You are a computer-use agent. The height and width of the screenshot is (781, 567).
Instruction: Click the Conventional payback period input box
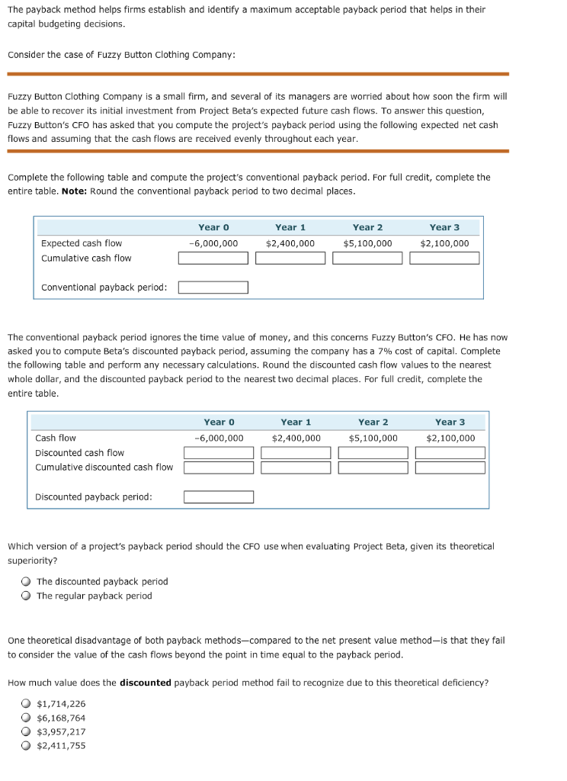coord(213,288)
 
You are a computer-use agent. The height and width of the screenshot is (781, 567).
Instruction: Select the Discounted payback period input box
coord(219,497)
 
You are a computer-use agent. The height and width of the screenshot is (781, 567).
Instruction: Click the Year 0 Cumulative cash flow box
coord(213,258)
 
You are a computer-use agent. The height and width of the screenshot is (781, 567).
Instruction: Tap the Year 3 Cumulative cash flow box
coord(444,258)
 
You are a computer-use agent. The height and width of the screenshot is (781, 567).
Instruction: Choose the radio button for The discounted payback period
coord(26,582)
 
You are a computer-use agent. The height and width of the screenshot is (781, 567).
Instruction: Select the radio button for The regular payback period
coord(26,596)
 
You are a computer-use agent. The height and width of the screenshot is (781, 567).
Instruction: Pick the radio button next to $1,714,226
coord(26,704)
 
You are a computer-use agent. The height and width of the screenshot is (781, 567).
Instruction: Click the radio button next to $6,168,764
coord(26,718)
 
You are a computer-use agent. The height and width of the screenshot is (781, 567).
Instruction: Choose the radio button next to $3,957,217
coord(26,732)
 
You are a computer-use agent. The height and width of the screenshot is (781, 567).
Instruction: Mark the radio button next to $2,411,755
coord(26,746)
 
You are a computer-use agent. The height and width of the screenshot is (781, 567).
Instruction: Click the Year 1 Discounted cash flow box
coord(296,453)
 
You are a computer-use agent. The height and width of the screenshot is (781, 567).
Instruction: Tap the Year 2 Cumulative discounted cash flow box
coord(373,468)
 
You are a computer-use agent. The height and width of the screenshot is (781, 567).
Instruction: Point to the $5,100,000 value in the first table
coord(367,243)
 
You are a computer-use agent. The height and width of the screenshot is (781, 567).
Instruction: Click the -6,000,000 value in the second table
coord(219,439)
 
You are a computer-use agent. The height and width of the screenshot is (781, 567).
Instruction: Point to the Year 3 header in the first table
coord(444,227)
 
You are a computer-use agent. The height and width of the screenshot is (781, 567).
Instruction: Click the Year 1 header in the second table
coord(296,423)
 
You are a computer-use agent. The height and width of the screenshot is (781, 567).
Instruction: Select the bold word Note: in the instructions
coord(74,191)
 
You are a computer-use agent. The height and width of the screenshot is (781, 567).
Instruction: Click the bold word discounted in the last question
coord(145,683)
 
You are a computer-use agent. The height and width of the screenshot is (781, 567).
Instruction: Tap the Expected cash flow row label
coord(82,243)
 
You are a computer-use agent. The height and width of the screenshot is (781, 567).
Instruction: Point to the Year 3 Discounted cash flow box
coord(450,453)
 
